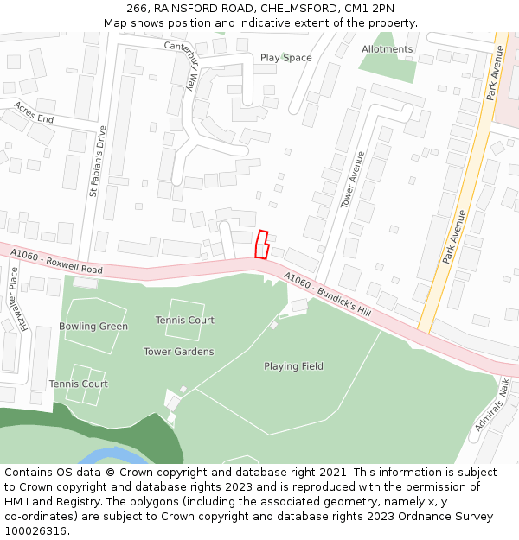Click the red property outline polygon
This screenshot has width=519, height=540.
coord(262,245)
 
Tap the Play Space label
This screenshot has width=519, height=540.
coord(285,58)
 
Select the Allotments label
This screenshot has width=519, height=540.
coord(387,49)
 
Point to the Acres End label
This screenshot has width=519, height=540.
coord(34,112)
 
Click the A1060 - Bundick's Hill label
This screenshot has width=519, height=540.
coord(327,295)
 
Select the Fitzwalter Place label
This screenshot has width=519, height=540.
coord(12,299)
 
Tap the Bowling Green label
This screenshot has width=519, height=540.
coord(93,327)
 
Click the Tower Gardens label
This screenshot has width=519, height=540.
coord(179,352)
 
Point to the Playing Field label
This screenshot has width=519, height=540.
coord(293,366)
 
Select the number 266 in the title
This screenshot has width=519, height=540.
coord(137,9)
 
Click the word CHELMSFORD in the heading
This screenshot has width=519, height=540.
coord(298,9)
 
